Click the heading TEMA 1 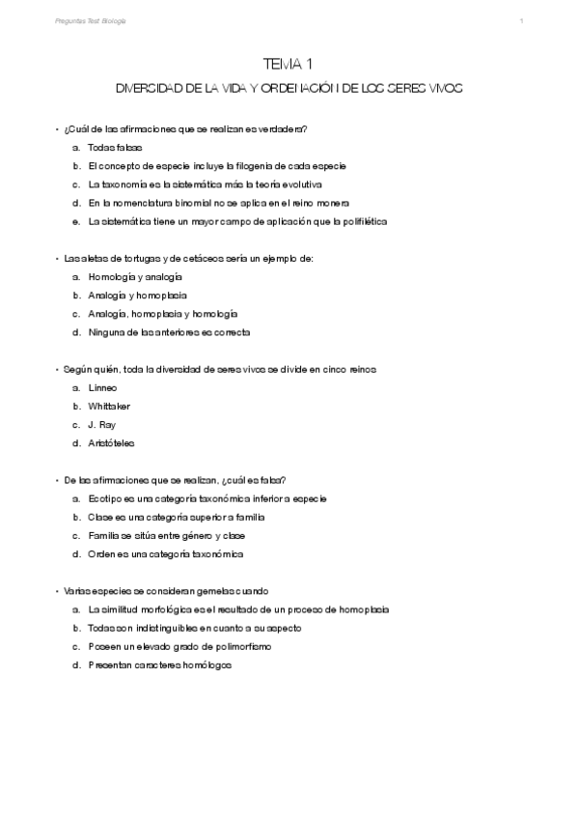[289, 65]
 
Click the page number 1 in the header [521, 20]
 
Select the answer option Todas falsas [115, 148]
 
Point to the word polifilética [358, 221]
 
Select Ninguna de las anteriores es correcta [169, 332]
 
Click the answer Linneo [102, 387]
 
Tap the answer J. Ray [101, 425]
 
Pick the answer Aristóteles [112, 443]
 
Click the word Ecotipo [102, 498]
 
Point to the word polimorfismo [237, 646]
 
